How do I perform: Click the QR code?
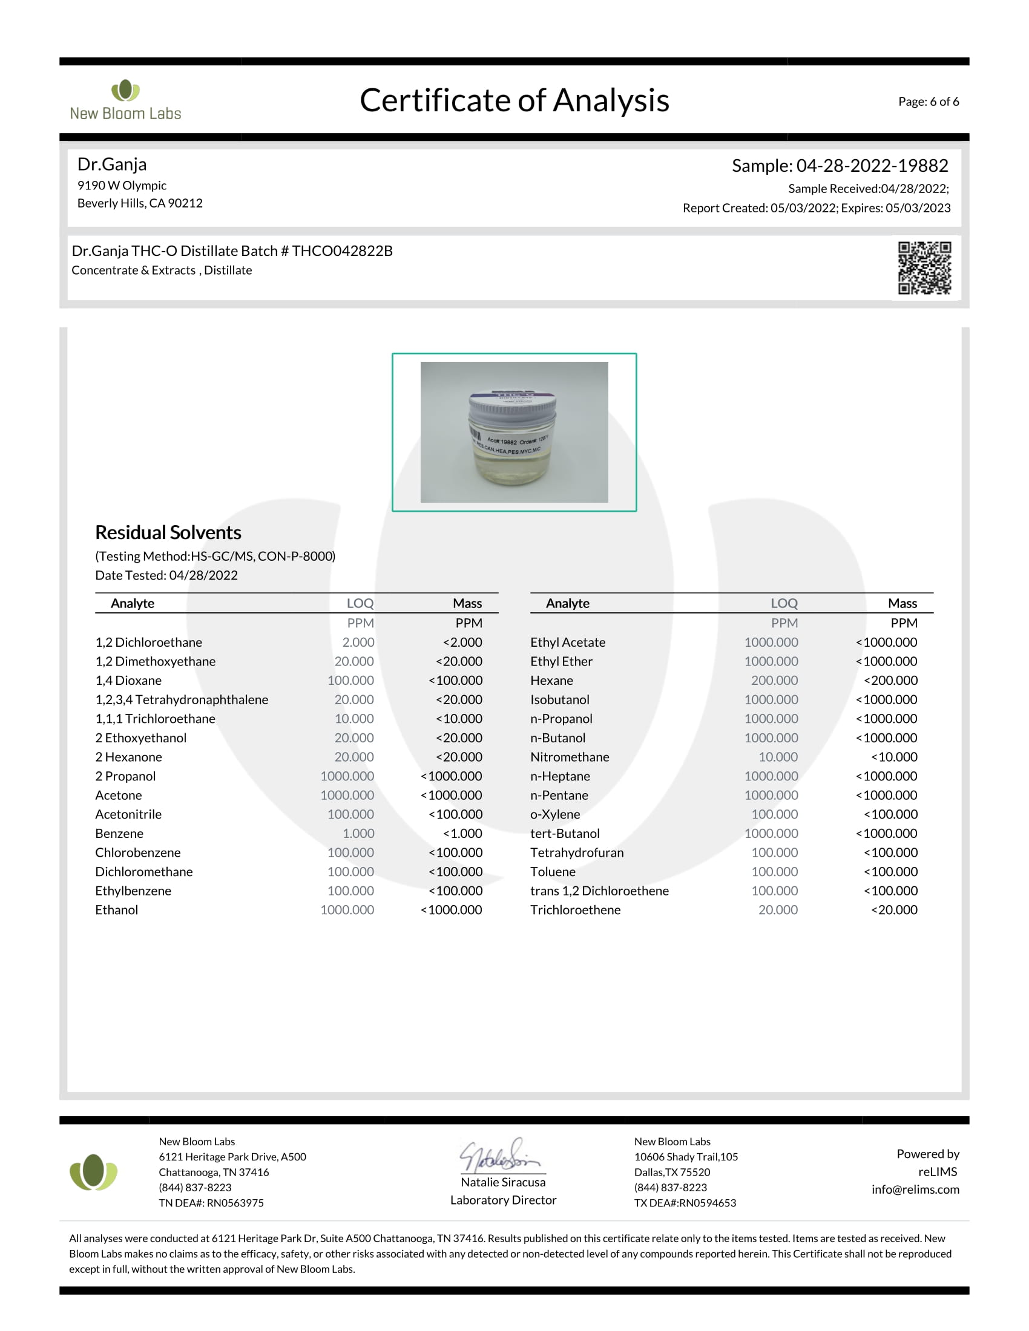tap(924, 268)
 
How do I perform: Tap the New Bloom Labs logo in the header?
tap(125, 100)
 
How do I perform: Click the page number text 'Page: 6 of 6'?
tap(928, 102)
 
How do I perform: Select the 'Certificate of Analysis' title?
tap(514, 100)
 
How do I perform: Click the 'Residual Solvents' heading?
tap(168, 532)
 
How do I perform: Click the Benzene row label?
tap(119, 833)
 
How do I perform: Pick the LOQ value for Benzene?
tap(358, 833)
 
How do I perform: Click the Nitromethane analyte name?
tap(570, 757)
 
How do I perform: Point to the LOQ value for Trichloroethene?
tap(778, 910)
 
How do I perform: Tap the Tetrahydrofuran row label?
tap(577, 852)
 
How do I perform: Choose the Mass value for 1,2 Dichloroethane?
tap(462, 643)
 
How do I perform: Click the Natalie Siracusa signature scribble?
tap(501, 1156)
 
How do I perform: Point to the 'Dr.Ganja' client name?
tap(112, 165)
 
